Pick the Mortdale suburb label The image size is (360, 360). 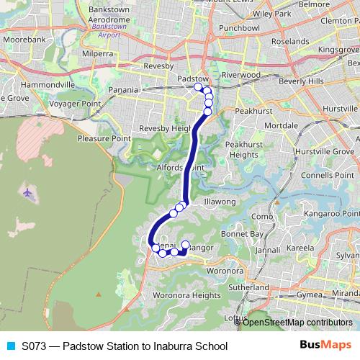[281, 125]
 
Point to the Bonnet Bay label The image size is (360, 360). [241, 234]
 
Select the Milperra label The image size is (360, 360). [98, 53]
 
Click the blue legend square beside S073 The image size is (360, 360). [9, 346]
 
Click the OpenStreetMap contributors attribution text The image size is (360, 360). [297, 322]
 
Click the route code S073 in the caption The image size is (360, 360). [35, 346]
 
